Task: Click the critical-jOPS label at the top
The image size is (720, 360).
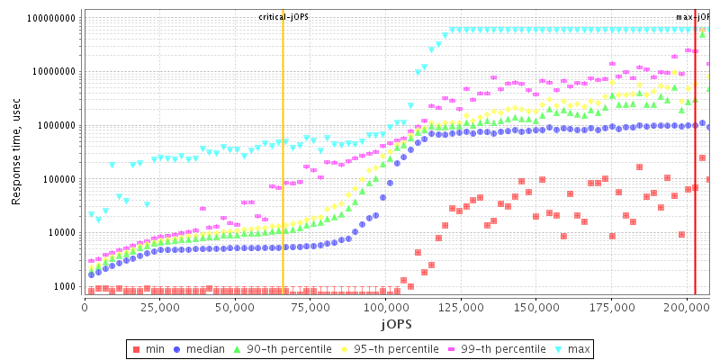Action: (283, 17)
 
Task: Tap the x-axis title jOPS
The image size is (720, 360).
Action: (396, 322)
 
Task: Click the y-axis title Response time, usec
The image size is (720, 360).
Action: (16, 153)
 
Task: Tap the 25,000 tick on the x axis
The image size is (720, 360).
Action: (159, 307)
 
